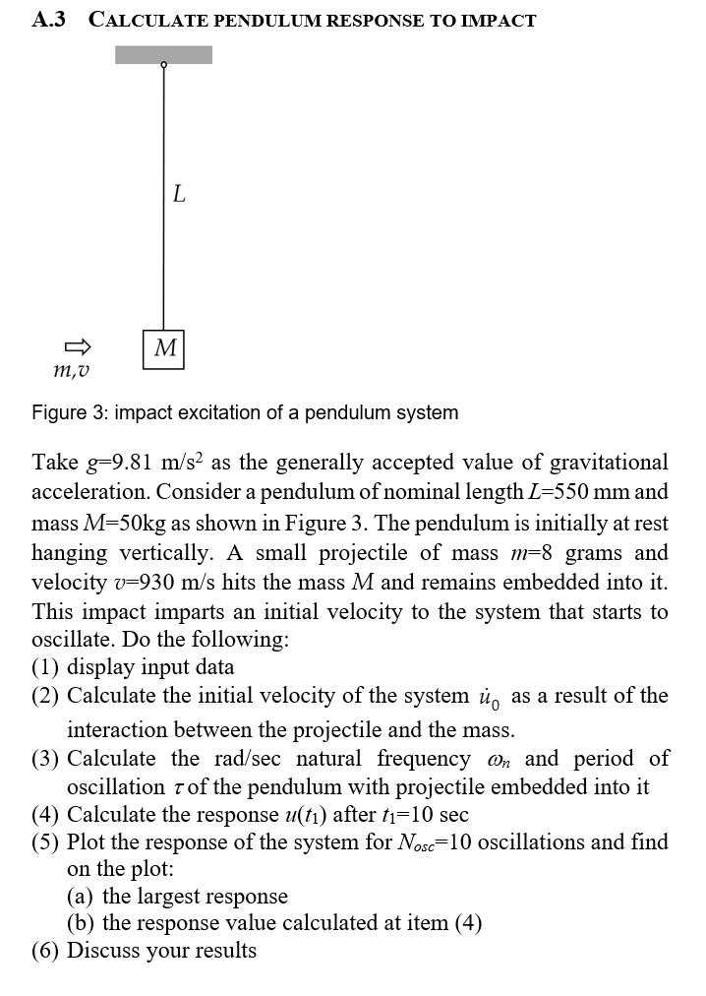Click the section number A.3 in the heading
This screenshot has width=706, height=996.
48,19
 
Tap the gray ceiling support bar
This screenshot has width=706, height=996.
163,54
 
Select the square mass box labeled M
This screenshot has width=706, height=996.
164,348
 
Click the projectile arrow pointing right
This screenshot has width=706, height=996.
78,346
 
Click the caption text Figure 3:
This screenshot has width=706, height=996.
69,412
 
